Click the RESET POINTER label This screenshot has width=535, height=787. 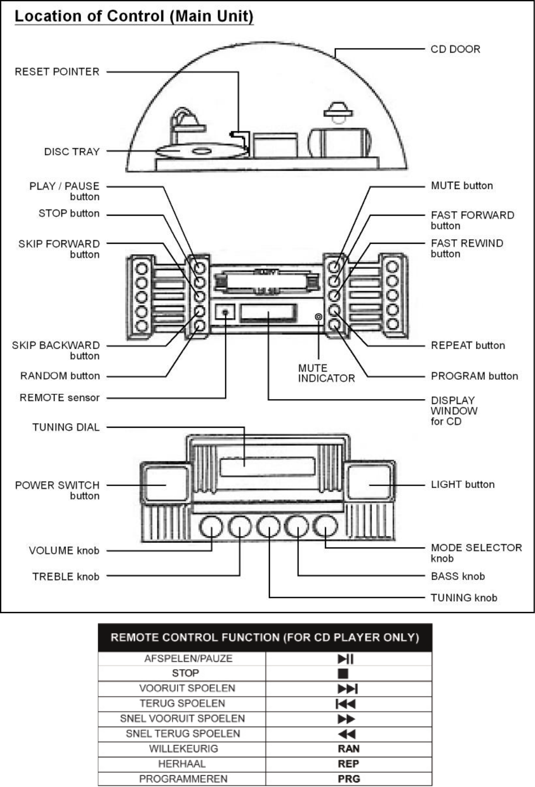point(57,72)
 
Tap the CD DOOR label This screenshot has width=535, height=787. point(455,49)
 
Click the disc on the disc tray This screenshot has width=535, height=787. point(201,151)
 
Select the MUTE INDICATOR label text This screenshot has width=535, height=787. point(326,373)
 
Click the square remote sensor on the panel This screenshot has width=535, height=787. point(225,311)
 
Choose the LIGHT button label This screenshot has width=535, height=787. point(462,484)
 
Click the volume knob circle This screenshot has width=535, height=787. point(211,527)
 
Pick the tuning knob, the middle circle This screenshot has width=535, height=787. point(269,527)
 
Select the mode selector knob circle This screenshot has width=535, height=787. point(325,527)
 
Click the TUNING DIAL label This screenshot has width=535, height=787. point(66,427)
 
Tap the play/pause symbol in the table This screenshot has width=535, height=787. point(346,659)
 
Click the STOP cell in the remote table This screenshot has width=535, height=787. point(185,674)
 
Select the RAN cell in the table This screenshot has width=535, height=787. point(348,749)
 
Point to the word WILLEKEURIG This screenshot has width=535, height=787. point(183,749)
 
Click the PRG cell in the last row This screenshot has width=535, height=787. point(348,779)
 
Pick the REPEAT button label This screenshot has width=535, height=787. point(468,345)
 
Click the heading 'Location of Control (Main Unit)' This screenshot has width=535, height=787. point(134,16)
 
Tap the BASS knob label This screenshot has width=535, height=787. point(457,576)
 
